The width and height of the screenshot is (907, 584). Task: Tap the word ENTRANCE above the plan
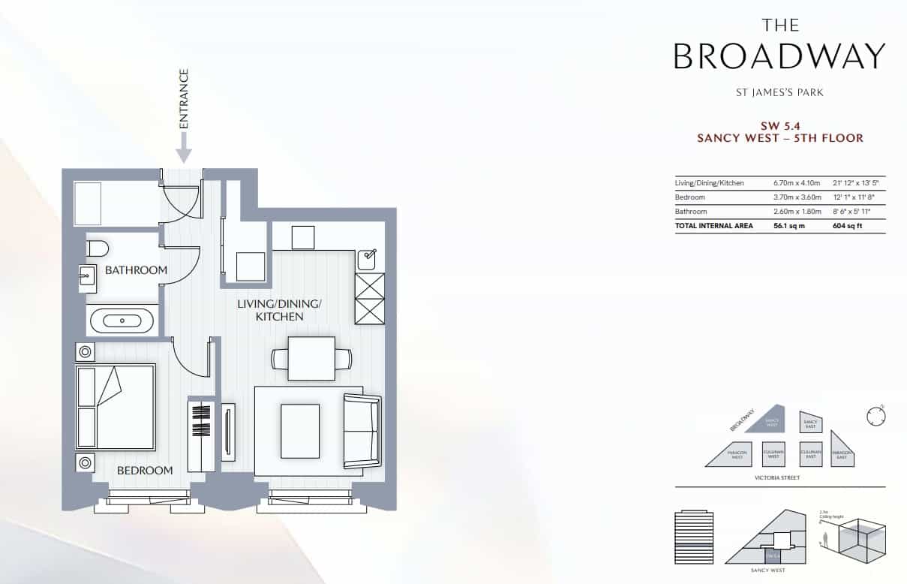[x=184, y=99]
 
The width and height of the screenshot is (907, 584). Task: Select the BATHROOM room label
[x=136, y=270]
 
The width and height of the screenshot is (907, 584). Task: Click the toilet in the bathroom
[x=98, y=248]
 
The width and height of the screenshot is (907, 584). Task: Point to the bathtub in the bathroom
[x=122, y=321]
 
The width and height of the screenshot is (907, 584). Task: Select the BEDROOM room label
[x=145, y=471]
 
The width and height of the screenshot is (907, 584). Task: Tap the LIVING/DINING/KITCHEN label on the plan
[x=279, y=310]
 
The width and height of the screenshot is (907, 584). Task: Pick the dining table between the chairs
[x=311, y=359]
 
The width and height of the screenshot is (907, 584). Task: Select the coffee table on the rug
[x=299, y=431]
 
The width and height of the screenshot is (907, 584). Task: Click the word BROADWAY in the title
[x=779, y=56]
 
